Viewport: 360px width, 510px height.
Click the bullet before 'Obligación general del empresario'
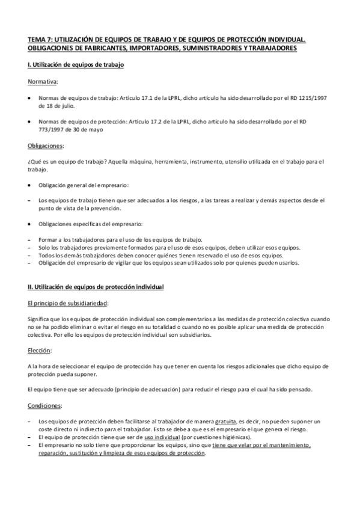(31, 184)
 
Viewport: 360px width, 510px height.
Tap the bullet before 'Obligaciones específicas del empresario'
(31, 224)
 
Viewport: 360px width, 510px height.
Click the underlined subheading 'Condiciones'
(44, 406)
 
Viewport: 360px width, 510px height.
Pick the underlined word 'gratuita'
(223, 422)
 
